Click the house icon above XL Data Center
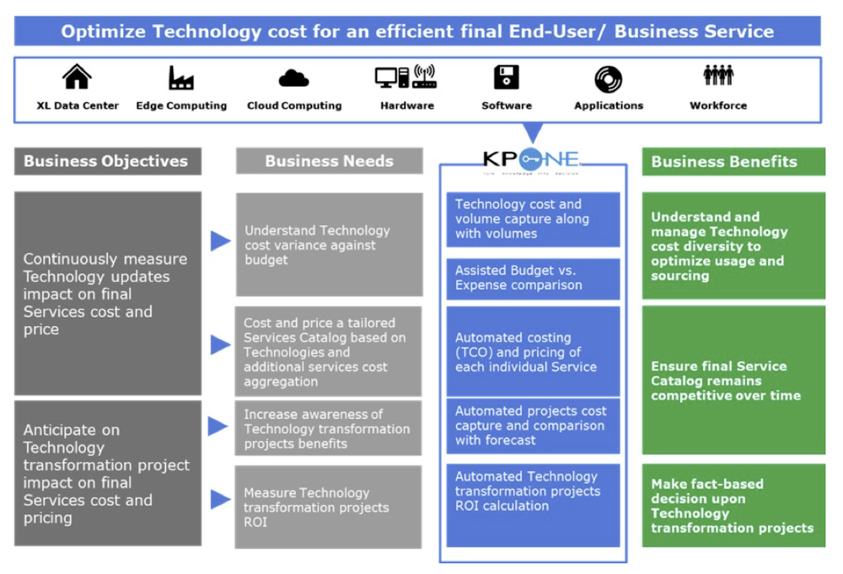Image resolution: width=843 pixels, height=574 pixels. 77,78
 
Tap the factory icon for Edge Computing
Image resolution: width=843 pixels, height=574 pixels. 180,78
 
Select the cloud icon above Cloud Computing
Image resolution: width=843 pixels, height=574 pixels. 293,78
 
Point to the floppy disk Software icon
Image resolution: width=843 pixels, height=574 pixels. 507,78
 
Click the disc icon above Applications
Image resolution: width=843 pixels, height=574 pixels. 608,79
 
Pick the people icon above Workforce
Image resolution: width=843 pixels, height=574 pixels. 718,76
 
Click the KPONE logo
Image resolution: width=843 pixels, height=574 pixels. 531,158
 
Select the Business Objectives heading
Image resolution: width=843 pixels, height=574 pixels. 107,161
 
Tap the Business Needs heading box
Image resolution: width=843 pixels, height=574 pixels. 329,161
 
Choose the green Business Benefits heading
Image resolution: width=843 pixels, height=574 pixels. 733,161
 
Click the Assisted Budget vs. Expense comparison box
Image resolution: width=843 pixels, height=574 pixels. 533,278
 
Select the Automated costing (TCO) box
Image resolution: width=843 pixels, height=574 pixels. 533,351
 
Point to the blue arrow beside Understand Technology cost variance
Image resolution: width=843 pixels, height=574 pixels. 220,242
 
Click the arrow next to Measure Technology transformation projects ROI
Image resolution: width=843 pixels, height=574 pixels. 220,500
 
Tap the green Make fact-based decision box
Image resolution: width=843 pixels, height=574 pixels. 733,506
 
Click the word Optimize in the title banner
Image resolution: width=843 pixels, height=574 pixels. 102,32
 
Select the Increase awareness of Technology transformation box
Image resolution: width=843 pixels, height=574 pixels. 328,428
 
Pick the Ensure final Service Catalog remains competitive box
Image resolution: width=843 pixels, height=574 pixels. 733,380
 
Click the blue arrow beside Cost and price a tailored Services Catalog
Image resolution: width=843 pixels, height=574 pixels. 220,345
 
